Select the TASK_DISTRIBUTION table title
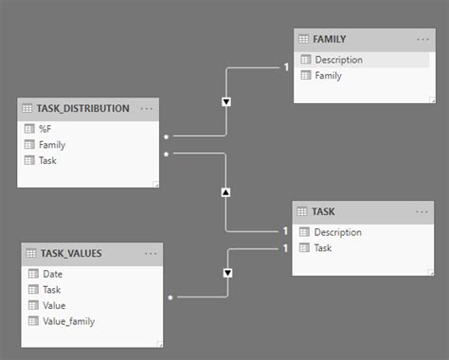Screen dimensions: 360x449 pos(84,108)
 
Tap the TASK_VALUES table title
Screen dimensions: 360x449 pos(71,253)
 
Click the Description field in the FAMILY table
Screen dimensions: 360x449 pos(339,60)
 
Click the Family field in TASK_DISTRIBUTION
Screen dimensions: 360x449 pos(52,145)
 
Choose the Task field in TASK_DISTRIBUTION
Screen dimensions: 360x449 pos(48,160)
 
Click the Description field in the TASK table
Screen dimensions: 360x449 pos(337,232)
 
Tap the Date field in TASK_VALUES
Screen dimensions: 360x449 pos(52,274)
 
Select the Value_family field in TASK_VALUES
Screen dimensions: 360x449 pos(68,320)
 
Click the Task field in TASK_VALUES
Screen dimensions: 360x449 pos(52,290)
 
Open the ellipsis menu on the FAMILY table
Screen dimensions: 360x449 pos(422,39)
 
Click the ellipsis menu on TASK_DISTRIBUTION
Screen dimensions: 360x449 pos(147,108)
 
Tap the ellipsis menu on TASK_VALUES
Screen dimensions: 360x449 pos(151,253)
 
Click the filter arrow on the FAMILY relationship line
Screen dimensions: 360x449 pos(225,101)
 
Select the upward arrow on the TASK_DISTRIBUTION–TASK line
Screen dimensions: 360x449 pos(225,192)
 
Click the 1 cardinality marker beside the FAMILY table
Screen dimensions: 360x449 pos(285,66)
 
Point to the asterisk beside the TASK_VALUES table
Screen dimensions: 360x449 pos(171,297)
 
